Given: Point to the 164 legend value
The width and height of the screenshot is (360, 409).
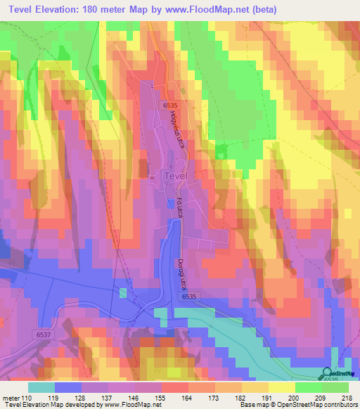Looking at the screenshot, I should click(x=186, y=398).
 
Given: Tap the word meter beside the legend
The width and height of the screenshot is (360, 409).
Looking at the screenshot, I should click(x=11, y=398).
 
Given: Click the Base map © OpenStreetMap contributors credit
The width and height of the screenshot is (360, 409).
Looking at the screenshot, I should click(x=297, y=405).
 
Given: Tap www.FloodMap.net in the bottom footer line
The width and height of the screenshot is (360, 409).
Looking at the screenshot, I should click(x=134, y=405).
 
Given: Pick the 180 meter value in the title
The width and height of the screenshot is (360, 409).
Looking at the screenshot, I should click(x=127, y=9).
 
